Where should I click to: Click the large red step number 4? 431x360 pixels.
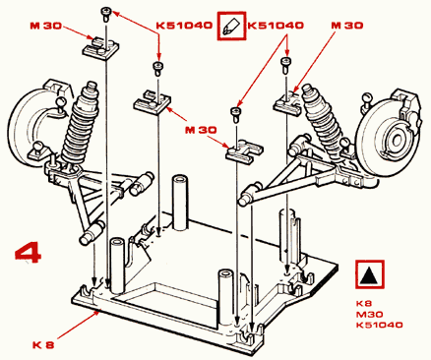click(x=29, y=253)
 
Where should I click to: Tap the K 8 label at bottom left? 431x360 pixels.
click(x=43, y=345)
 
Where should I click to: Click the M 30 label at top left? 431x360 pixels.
click(x=46, y=26)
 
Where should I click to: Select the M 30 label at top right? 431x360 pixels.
click(x=347, y=26)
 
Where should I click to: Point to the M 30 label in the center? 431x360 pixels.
click(x=201, y=130)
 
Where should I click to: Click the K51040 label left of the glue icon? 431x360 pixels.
click(x=184, y=26)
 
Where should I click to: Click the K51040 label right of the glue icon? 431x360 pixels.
click(x=276, y=26)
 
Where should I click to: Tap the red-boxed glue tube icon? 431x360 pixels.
click(x=231, y=26)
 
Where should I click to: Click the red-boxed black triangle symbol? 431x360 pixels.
click(x=369, y=274)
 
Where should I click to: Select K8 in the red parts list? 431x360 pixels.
click(x=364, y=303)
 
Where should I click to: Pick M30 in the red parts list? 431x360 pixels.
click(x=369, y=314)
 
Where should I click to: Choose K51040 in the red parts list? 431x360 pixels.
click(x=380, y=325)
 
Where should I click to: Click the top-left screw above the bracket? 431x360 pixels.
click(x=106, y=15)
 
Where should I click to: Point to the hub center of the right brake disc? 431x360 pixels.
click(x=397, y=141)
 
